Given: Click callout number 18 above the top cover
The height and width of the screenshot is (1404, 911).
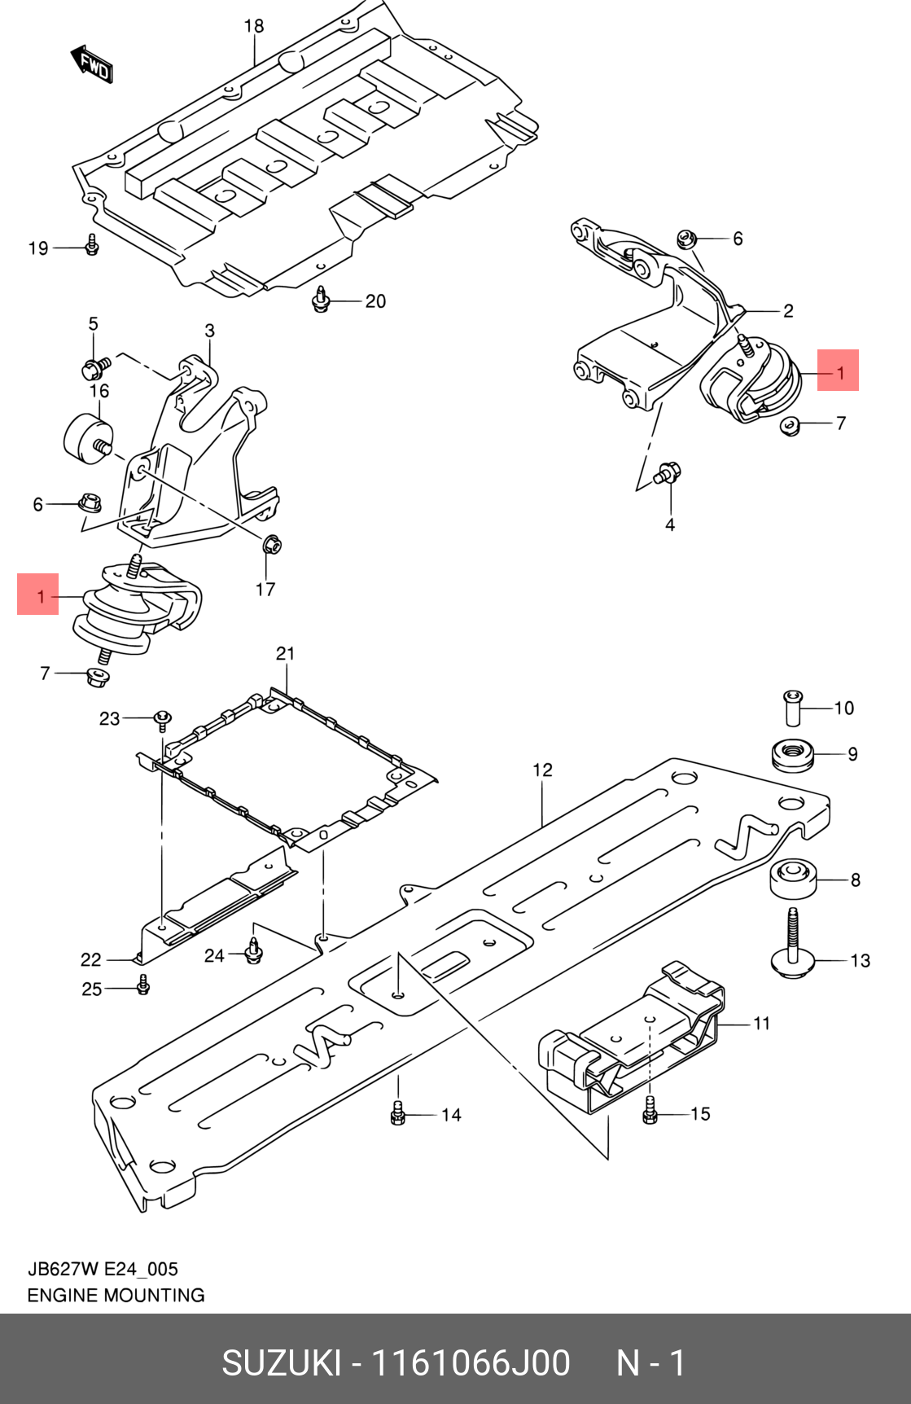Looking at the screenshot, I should click(254, 26).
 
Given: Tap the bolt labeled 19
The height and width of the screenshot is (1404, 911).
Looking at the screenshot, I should click(92, 244).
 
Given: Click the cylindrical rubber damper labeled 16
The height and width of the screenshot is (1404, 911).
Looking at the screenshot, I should click(85, 437).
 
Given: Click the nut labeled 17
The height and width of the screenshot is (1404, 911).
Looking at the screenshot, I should click(272, 543).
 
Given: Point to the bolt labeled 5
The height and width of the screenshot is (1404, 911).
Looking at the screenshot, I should click(94, 368).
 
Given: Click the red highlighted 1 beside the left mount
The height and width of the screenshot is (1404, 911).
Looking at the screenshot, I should click(38, 595).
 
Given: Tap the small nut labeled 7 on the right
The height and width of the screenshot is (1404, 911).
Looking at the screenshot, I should click(788, 424).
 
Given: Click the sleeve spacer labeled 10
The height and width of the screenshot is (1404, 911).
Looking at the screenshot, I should click(793, 706).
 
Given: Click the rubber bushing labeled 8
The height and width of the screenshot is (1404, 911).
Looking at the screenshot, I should click(793, 879).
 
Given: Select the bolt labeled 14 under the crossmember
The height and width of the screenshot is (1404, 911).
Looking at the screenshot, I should click(398, 1112).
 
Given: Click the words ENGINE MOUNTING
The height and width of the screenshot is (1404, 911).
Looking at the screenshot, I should click(116, 1295).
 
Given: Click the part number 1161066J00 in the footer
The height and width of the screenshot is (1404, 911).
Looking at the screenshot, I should click(470, 1363).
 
